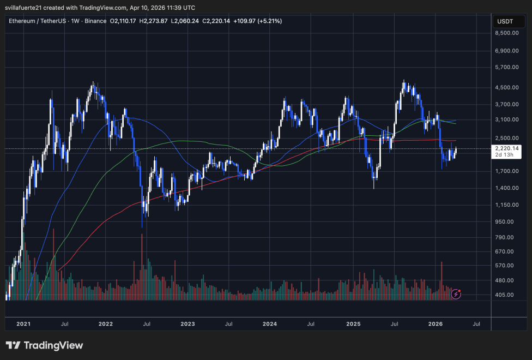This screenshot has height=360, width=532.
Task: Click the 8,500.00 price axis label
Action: [x=507, y=33]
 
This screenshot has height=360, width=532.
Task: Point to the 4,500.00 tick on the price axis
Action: [x=507, y=87]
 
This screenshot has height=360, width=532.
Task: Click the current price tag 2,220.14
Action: [x=507, y=148]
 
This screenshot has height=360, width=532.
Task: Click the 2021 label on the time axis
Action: [x=23, y=324]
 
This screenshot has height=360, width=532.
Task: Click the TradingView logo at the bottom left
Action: [x=44, y=345]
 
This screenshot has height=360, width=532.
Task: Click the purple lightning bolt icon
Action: [x=456, y=295]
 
